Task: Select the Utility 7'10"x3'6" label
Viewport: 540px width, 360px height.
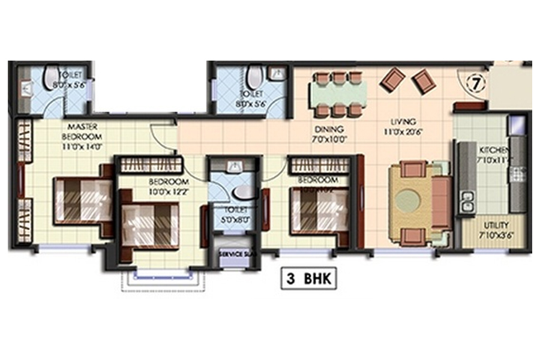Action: pos(496,229)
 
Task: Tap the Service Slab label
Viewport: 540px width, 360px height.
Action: pos(238,254)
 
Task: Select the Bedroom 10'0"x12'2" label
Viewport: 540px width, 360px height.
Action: pos(170,186)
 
